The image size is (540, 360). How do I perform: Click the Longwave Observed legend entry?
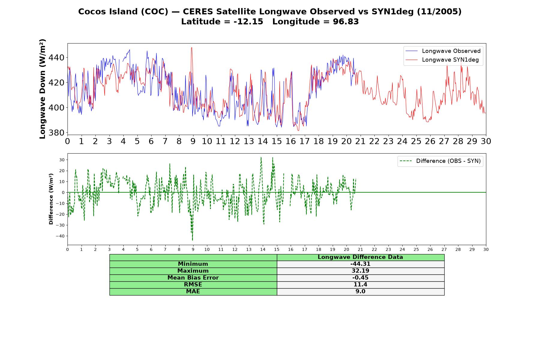[443, 51]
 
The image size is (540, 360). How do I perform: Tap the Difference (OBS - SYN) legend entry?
[440, 161]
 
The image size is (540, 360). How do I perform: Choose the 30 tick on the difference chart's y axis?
[62, 160]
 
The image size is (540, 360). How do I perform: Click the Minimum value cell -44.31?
[360, 264]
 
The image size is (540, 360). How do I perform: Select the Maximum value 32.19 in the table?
[360, 271]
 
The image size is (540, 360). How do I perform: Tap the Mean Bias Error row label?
[193, 278]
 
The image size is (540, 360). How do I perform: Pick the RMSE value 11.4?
[360, 285]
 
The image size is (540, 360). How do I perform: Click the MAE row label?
[193, 292]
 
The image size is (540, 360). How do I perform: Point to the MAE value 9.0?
[360, 292]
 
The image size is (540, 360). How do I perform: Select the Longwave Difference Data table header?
[360, 257]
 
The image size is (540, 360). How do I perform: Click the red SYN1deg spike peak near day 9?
[192, 47]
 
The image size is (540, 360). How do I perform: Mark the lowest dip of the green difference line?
[192, 240]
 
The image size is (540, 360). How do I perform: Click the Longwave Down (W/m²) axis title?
[43, 89]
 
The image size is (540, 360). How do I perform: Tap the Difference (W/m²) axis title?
[51, 199]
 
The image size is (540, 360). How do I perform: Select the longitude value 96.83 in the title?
[346, 22]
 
